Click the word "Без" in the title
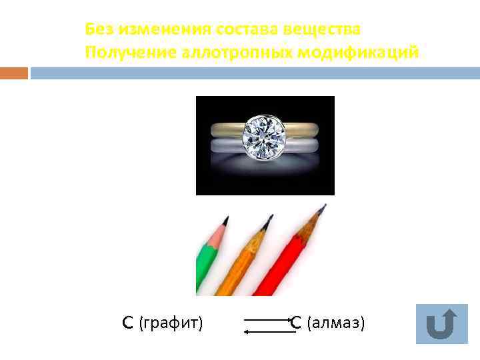point(98,30)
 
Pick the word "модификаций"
point(365,53)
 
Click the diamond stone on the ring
point(265,136)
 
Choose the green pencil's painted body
point(203,263)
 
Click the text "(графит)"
point(171,323)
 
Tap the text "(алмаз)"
point(335,323)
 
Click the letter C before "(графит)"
point(128,323)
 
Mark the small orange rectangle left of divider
point(14,73)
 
